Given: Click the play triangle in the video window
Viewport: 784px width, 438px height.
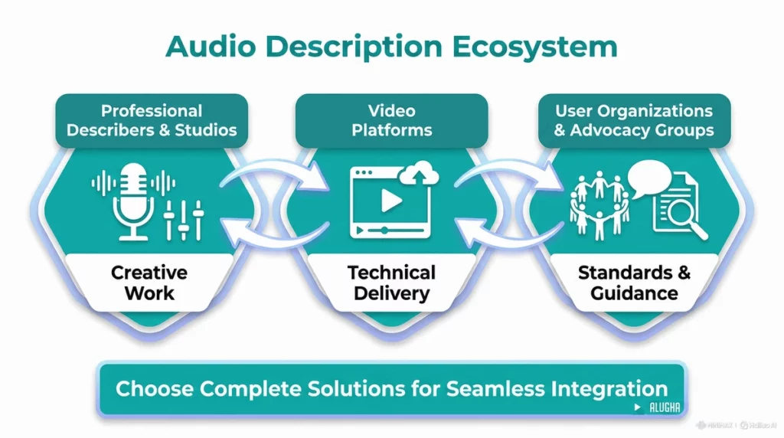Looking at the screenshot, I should [x=391, y=200].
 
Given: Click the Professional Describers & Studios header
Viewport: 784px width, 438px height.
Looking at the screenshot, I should [x=152, y=120].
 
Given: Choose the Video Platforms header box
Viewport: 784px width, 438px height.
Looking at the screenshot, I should [x=391, y=120].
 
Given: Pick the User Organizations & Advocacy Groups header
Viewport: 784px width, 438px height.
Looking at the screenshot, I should [x=633, y=120].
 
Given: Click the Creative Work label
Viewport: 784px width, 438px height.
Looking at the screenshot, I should [x=149, y=282].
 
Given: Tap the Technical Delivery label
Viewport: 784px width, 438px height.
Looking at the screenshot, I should [x=391, y=282].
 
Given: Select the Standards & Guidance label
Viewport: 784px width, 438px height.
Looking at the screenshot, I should [x=634, y=282].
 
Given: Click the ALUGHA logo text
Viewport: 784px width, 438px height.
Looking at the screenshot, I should [x=663, y=408].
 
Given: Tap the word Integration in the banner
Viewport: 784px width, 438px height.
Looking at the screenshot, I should [x=613, y=387].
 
